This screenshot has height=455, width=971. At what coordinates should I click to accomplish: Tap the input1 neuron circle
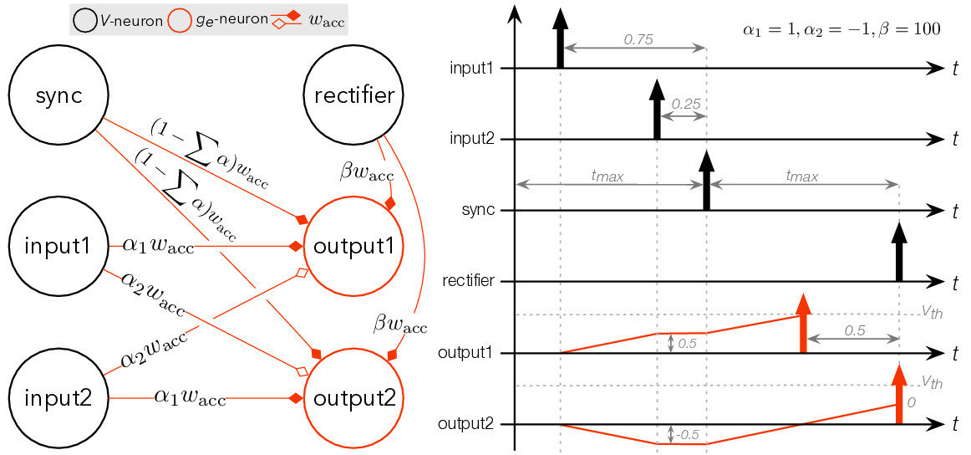(x=58, y=247)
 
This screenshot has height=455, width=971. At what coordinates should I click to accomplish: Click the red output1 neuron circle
(x=354, y=247)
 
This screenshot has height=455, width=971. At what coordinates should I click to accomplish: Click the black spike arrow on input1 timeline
(x=560, y=42)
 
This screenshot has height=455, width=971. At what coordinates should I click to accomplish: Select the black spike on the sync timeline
(x=706, y=181)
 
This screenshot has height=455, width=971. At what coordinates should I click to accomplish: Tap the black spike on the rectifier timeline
(x=898, y=252)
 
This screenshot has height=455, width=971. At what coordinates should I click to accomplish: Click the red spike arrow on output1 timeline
(x=802, y=323)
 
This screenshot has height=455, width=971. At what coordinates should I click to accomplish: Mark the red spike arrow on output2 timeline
(x=898, y=393)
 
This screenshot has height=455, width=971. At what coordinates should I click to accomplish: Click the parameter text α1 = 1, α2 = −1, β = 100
(x=841, y=30)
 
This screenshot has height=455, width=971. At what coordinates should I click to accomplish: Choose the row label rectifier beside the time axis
(x=473, y=281)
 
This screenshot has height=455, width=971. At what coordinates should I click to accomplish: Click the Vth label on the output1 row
(x=932, y=309)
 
